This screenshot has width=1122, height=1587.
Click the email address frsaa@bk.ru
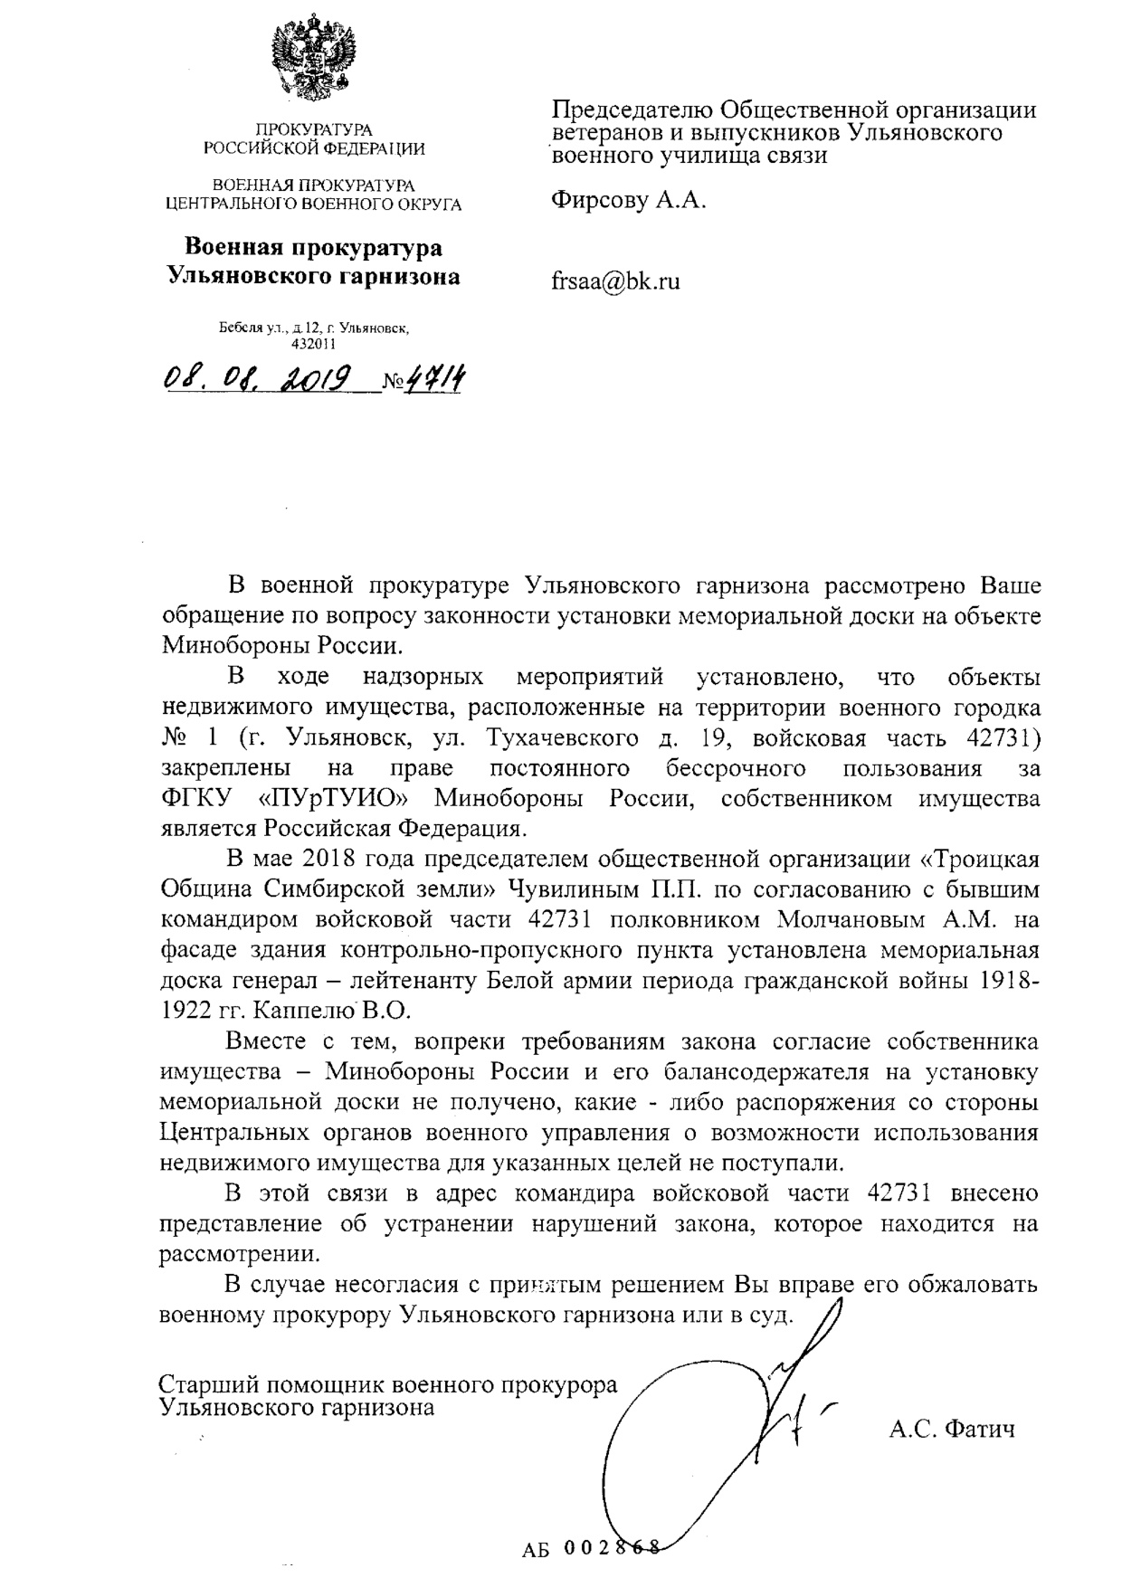pyautogui.click(x=615, y=281)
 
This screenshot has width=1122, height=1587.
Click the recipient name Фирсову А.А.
pyautogui.click(x=628, y=200)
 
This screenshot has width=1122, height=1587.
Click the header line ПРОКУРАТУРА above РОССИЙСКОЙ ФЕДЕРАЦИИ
pyautogui.click(x=313, y=130)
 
